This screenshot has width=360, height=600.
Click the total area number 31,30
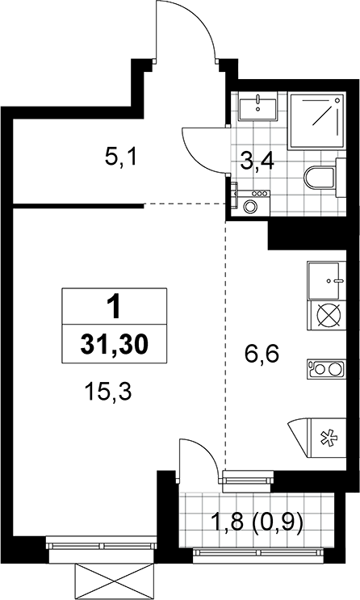tap(114, 344)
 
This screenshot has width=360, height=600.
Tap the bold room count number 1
tap(114, 308)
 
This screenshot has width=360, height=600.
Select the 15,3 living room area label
tap(109, 392)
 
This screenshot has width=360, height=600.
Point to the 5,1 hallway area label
tap(120, 157)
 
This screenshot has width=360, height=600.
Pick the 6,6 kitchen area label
tap(262, 355)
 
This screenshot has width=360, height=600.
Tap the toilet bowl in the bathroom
tap(320, 177)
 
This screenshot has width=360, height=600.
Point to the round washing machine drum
tap(250, 207)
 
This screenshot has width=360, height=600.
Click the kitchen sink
tap(324, 281)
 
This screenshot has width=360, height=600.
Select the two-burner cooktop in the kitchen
tap(326, 369)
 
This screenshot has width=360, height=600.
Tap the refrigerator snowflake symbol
tap(326, 438)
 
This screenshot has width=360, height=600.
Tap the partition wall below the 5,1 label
tap(78, 206)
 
